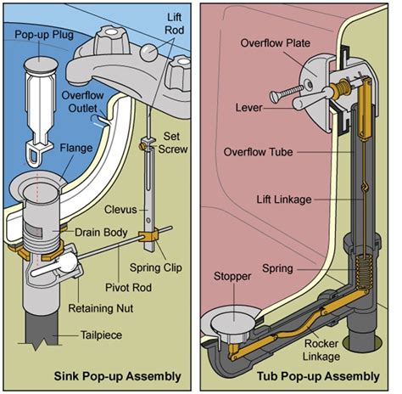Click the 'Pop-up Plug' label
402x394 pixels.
(44, 35)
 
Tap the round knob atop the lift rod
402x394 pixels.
(148, 53)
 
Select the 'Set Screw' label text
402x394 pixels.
(172, 143)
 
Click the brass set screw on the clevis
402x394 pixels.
(142, 146)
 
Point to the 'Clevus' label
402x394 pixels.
(120, 210)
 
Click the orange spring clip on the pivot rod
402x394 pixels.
(148, 236)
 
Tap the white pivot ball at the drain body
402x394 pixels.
(68, 262)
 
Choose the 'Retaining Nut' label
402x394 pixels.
(101, 308)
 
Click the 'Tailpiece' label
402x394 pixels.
(101, 335)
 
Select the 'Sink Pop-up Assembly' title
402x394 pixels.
(117, 376)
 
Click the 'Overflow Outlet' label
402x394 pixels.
(82, 102)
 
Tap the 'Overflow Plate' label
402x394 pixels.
(276, 43)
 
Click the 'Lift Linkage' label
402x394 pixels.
(284, 200)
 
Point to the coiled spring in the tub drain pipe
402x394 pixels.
(363, 271)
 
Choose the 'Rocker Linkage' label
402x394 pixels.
(321, 350)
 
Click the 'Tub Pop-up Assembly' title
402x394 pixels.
(318, 376)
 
